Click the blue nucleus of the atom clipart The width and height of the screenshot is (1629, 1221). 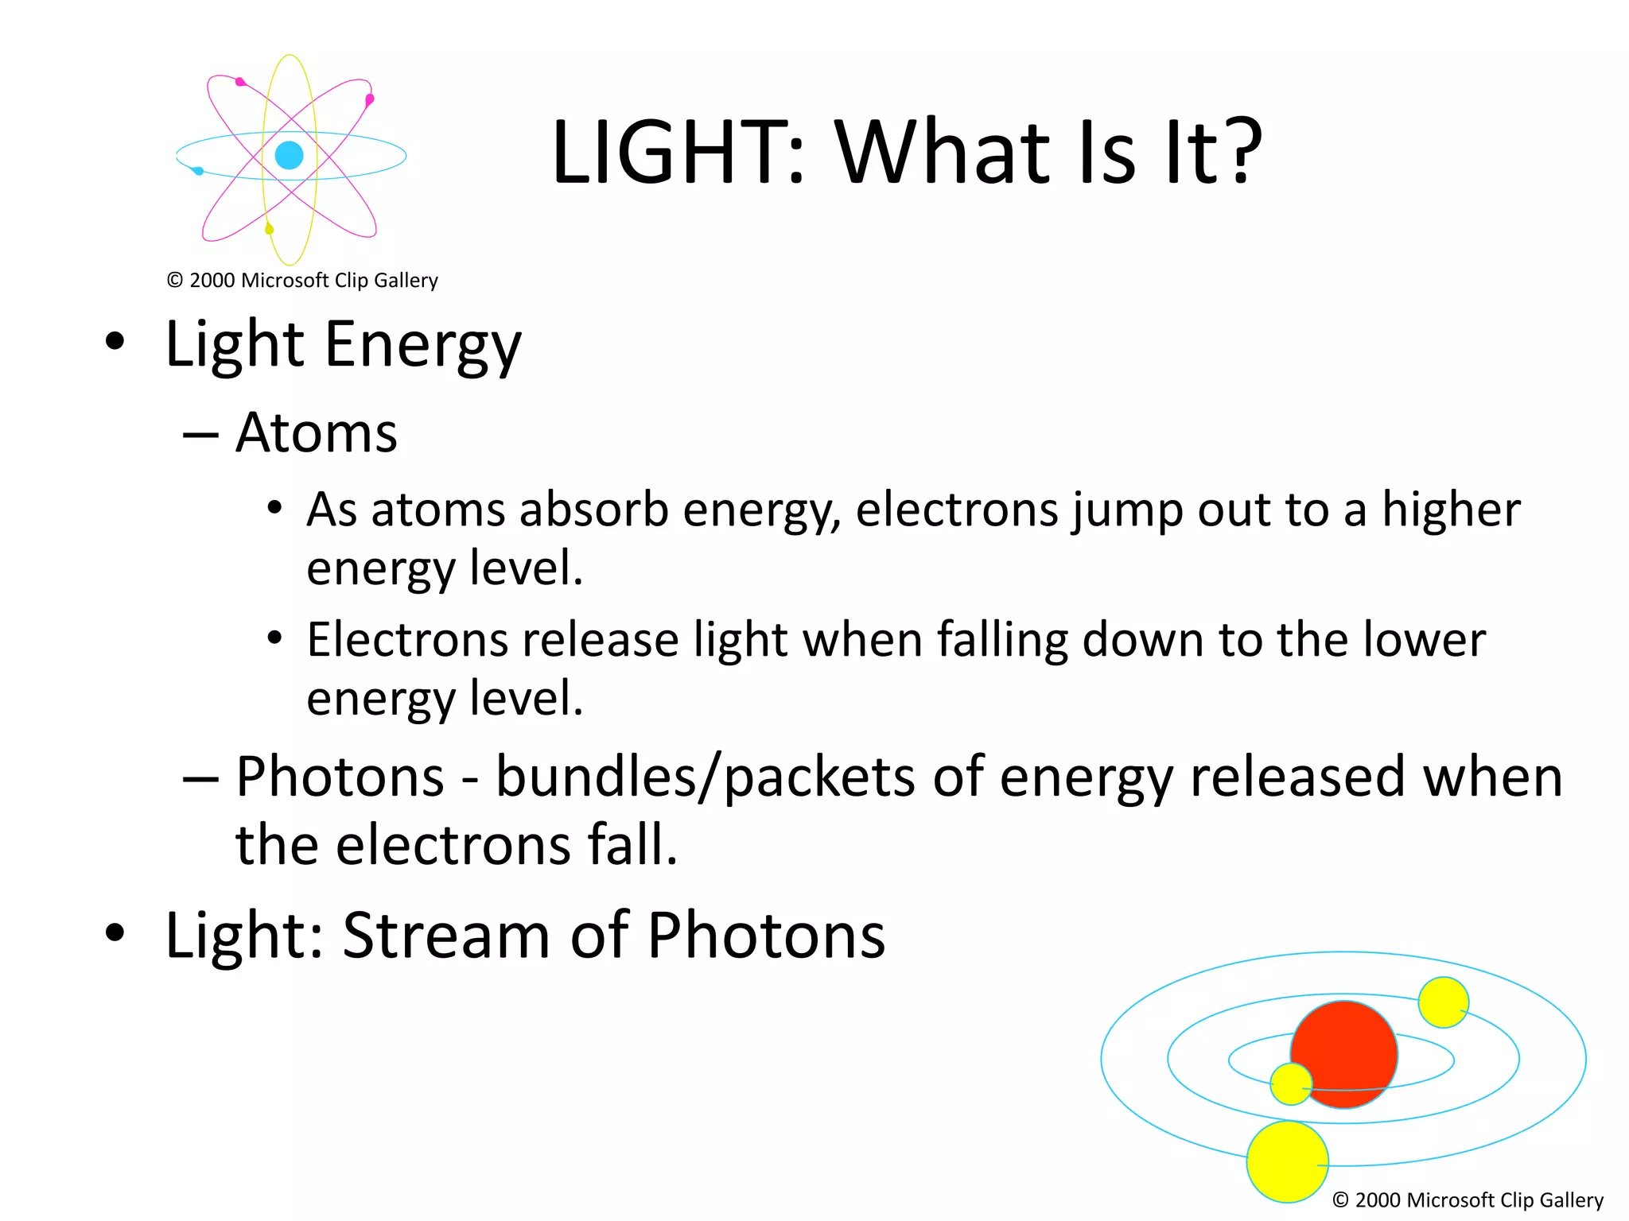tap(289, 155)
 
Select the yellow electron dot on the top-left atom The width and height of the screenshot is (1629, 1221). tap(269, 229)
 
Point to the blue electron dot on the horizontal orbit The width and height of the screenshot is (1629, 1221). tap(198, 171)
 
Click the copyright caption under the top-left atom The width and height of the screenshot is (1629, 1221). tap(302, 281)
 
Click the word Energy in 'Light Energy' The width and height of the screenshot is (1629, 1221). tap(422, 346)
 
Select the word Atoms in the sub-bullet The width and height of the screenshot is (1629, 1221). tap(317, 434)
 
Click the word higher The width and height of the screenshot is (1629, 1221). tap(1451, 510)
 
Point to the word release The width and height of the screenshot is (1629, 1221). tap(601, 640)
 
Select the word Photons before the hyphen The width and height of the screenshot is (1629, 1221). tap(340, 777)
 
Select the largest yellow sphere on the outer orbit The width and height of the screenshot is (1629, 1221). tap(1287, 1161)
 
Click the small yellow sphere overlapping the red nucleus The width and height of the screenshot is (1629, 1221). tap(1290, 1083)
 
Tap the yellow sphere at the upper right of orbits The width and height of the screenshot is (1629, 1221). tap(1443, 1002)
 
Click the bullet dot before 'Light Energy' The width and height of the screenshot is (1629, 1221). tap(115, 342)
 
